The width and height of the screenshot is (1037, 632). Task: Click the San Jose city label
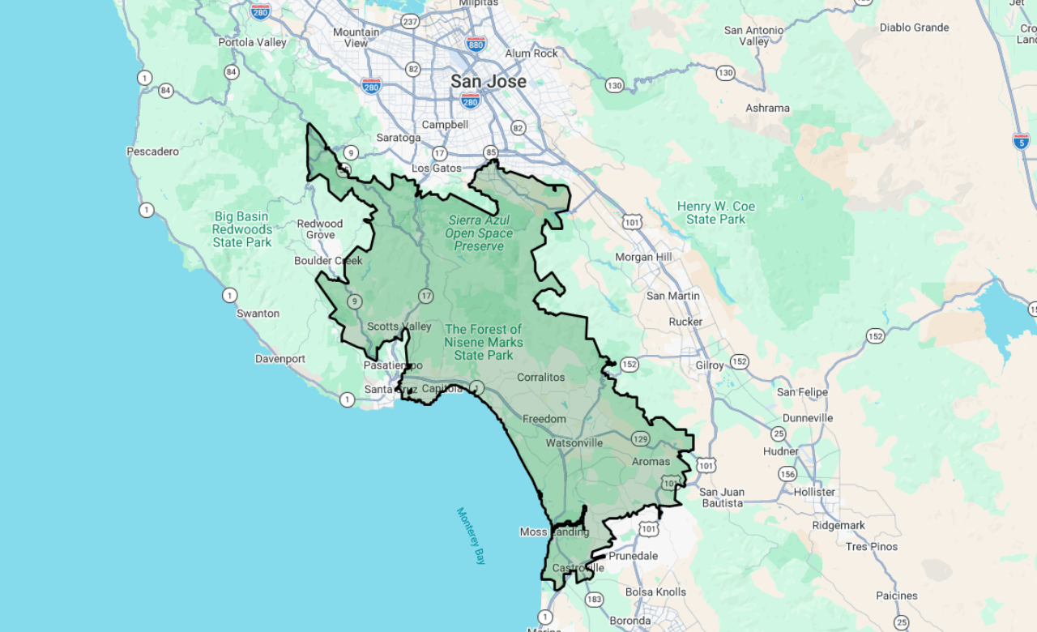(489, 82)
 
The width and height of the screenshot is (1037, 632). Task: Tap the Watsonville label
(574, 443)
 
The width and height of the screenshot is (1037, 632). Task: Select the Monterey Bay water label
(470, 536)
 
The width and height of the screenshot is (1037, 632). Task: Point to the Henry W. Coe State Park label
(716, 213)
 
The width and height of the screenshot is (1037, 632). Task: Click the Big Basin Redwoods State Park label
(242, 229)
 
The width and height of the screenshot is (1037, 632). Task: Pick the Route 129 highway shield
(641, 438)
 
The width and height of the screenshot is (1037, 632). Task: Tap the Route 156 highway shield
(787, 473)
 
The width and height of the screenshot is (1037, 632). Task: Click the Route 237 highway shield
(410, 21)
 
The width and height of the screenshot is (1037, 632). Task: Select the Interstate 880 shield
(476, 43)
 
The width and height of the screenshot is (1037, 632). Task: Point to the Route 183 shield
(594, 600)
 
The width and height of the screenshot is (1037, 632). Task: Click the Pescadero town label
(152, 152)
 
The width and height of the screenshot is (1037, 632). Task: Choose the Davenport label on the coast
(280, 359)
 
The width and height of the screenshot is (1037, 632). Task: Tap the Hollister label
(814, 492)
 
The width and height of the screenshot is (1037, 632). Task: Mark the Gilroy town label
(710, 365)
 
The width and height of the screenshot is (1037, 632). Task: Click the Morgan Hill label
(644, 258)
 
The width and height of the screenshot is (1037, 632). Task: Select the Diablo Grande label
(914, 28)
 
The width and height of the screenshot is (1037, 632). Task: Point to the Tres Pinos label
(872, 547)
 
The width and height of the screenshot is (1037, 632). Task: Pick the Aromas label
(651, 462)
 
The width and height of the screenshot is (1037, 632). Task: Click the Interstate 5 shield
(1022, 142)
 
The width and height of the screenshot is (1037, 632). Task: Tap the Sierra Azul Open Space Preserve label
(479, 233)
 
